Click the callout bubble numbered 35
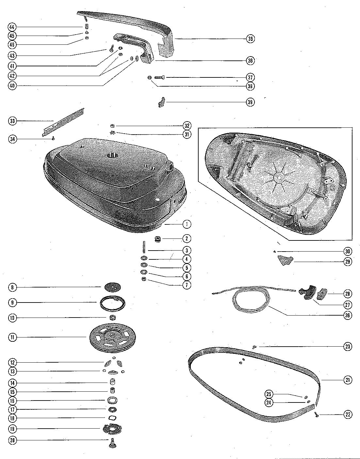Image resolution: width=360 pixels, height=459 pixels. pyautogui.click(x=251, y=39)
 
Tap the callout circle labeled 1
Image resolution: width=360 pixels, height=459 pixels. pyautogui.click(x=187, y=224)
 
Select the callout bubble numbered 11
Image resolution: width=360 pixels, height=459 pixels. pyautogui.click(x=12, y=337)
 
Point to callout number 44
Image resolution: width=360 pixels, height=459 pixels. pyautogui.click(x=12, y=26)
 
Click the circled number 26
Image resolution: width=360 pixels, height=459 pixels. pyautogui.click(x=347, y=315)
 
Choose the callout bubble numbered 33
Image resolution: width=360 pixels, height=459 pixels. pyautogui.click(x=12, y=121)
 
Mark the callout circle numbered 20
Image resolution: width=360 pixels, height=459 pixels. pyautogui.click(x=12, y=440)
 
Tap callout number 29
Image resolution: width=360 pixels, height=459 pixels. pyautogui.click(x=347, y=262)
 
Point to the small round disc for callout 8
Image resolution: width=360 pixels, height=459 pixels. pyautogui.click(x=112, y=287)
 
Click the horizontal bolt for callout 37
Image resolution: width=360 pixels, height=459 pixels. pyautogui.click(x=159, y=77)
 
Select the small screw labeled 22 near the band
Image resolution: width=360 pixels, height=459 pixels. pyautogui.click(x=316, y=415)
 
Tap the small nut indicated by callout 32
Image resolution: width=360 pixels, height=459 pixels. pyautogui.click(x=112, y=126)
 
